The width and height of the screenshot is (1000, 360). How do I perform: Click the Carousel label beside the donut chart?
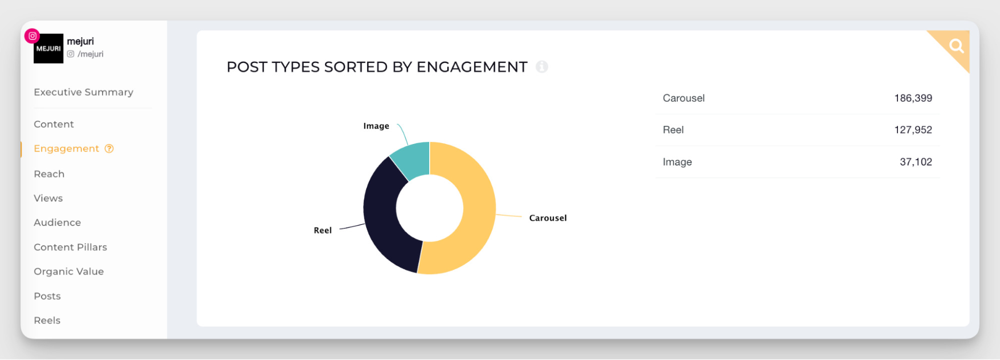548,218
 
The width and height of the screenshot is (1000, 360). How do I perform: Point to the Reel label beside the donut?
323,230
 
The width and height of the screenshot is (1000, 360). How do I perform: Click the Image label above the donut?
376,126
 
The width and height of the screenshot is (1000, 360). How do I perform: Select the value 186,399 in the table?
913,98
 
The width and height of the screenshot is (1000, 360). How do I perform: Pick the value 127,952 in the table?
913,130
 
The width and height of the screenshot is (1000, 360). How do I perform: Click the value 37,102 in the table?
915,162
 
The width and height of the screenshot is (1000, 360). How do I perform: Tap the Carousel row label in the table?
683,98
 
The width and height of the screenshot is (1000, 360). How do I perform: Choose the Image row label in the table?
677,162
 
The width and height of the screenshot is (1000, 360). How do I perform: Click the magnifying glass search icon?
956,46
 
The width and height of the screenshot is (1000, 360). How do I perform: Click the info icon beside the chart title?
542,66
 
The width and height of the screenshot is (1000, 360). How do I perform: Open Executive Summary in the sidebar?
84,92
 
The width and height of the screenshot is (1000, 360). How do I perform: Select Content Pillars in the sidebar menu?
71,247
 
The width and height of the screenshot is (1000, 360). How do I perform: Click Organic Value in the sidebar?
69,271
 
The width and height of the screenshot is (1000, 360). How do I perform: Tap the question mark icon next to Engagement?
109,148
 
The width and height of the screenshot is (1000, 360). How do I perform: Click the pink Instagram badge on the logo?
33,36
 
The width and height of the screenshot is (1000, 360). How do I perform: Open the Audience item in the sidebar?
58,222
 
